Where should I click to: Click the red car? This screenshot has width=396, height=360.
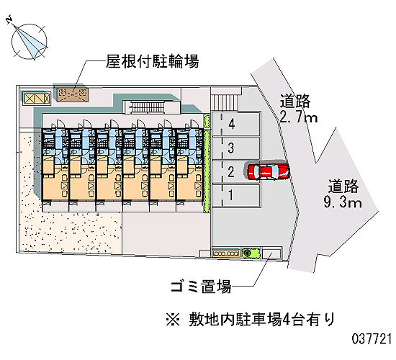(269, 171)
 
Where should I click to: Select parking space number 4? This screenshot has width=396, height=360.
(236, 124)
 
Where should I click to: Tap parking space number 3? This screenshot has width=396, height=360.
(236, 148)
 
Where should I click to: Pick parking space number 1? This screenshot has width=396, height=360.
(236, 196)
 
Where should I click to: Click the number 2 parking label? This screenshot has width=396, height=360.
(231, 171)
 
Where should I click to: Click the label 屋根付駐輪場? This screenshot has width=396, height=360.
(153, 61)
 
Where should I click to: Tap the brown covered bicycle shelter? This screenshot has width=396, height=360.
(73, 95)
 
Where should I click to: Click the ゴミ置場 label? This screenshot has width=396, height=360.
(201, 287)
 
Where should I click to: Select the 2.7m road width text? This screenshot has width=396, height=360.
(299, 118)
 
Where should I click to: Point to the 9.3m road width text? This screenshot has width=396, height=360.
(343, 203)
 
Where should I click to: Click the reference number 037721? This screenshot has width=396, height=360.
(372, 338)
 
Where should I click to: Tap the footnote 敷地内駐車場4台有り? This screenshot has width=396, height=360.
(262, 320)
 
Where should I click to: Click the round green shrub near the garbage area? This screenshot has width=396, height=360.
(247, 253)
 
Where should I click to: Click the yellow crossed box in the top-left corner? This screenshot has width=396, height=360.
(37, 98)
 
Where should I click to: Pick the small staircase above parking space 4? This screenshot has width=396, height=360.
(225, 102)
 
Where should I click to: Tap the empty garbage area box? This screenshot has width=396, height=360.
(271, 253)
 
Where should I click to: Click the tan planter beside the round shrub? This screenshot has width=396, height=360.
(226, 253)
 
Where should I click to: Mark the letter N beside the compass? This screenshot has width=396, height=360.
(9, 19)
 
